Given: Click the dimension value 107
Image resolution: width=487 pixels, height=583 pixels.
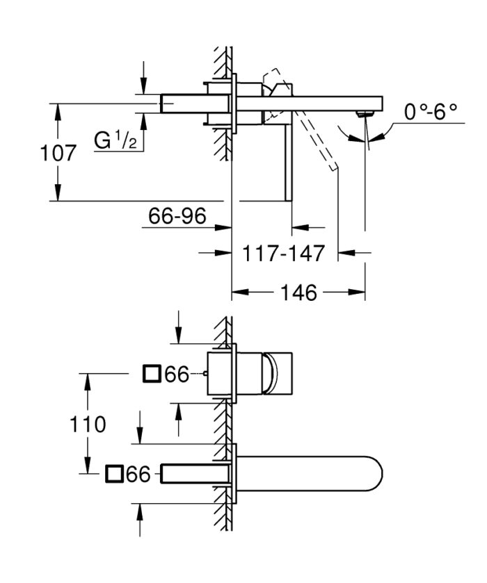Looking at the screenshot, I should pyautogui.click(x=58, y=152).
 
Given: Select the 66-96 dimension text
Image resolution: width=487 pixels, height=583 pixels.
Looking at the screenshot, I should pyautogui.click(x=177, y=217).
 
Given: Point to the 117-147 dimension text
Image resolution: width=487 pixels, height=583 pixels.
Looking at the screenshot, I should pyautogui.click(x=283, y=254).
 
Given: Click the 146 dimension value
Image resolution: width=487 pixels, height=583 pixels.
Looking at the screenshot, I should pyautogui.click(x=298, y=293).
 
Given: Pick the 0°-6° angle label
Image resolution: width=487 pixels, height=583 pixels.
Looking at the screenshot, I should pyautogui.click(x=431, y=111).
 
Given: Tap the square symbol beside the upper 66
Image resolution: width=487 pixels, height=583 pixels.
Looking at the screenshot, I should pyautogui.click(x=152, y=375).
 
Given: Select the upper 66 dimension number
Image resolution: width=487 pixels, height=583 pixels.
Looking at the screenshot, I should pyautogui.click(x=178, y=375).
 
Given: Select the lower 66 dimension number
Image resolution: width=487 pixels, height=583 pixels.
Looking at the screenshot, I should pyautogui.click(x=139, y=474).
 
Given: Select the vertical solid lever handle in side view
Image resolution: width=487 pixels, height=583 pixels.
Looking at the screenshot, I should pyautogui.click(x=285, y=163).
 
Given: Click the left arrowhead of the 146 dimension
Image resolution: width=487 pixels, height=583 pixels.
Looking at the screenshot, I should pyautogui.click(x=236, y=293).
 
